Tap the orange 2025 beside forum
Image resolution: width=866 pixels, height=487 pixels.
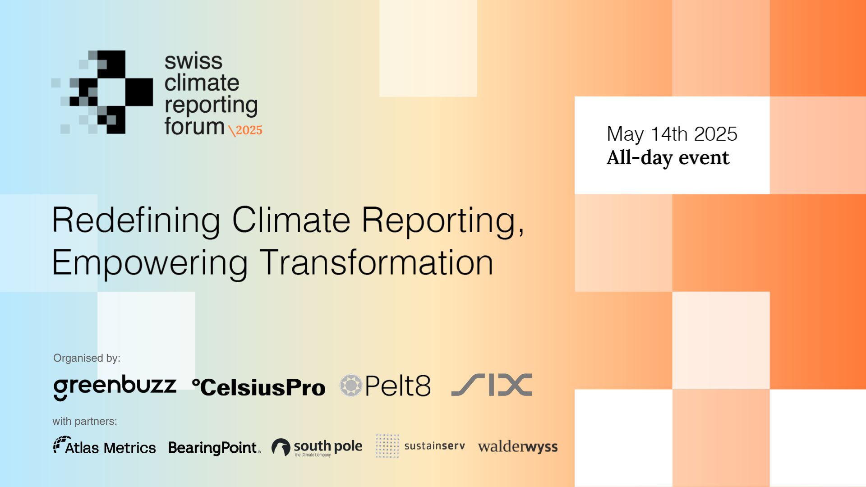pos(249,130)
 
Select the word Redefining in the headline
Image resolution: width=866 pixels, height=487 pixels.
pos(136,221)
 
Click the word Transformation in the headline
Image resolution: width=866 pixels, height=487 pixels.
pos(377,262)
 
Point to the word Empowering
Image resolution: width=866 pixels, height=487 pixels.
pos(150,264)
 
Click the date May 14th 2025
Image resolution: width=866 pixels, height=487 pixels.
pos(672,134)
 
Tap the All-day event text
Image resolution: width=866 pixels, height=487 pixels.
pos(668,158)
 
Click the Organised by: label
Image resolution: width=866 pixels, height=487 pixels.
pos(87,358)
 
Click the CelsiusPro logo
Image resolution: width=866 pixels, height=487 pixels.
pos(258,387)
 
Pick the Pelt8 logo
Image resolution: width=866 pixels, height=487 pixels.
pos(385,386)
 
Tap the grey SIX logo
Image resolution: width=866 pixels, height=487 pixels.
pos(492,385)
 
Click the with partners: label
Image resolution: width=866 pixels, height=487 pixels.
pos(85,421)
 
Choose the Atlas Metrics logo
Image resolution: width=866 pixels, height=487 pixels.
pos(105,446)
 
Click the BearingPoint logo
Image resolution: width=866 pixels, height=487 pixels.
pos(214,448)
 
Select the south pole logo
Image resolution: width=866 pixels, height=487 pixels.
pos(317,447)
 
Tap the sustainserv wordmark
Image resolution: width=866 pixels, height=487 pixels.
pos(435,446)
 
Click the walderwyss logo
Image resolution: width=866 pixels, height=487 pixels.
pos(518,447)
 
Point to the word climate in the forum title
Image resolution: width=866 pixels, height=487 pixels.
pos(202,83)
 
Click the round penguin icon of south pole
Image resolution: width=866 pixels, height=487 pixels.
pos(281,447)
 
